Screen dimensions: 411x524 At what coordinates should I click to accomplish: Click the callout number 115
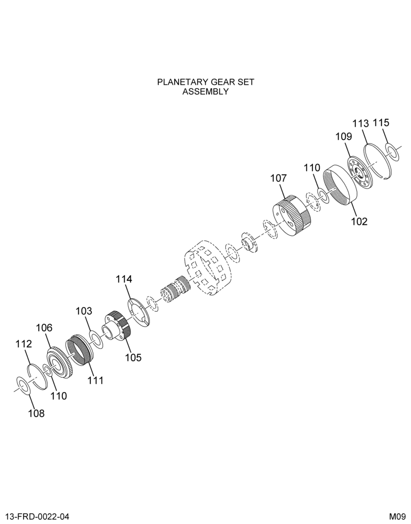click(381, 123)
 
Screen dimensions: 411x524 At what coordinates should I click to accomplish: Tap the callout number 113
click(361, 123)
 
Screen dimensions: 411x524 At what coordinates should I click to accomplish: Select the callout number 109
click(344, 136)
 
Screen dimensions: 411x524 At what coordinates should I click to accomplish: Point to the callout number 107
click(278, 178)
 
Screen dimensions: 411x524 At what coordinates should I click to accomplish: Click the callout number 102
click(359, 221)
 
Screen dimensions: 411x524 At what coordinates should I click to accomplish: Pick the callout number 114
click(124, 279)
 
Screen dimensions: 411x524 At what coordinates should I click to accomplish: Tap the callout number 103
click(83, 311)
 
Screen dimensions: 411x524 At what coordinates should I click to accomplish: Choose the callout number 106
click(44, 328)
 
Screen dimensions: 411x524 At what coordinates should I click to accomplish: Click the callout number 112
click(24, 344)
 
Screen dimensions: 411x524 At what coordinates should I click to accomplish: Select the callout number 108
click(36, 414)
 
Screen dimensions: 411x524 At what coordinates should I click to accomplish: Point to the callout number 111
click(95, 380)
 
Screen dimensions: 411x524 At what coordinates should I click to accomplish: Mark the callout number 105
click(134, 357)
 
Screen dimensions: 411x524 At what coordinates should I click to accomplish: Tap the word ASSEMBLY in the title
click(206, 92)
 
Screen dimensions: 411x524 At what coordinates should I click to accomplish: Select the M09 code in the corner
click(397, 517)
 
